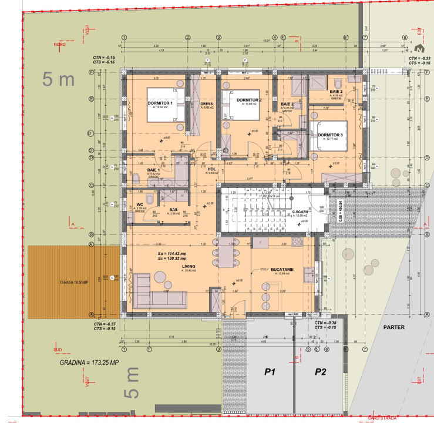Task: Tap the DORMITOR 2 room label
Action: pyautogui.click(x=249, y=100)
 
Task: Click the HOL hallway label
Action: pyautogui.click(x=213, y=169)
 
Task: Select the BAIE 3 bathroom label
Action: pyautogui.click(x=336, y=93)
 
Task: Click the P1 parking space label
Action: pyautogui.click(x=270, y=372)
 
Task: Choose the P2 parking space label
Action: pyautogui.click(x=320, y=372)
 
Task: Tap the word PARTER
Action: pyautogui.click(x=394, y=327)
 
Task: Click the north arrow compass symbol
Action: pyautogui.click(x=419, y=49)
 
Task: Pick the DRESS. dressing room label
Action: pyautogui.click(x=207, y=104)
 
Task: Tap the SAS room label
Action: pyautogui.click(x=173, y=210)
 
